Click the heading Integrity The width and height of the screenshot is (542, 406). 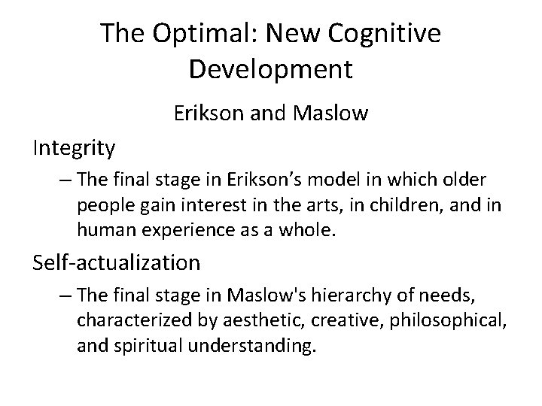click(x=74, y=149)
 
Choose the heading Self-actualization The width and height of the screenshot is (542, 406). click(x=117, y=262)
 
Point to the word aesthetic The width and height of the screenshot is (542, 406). click(x=248, y=321)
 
